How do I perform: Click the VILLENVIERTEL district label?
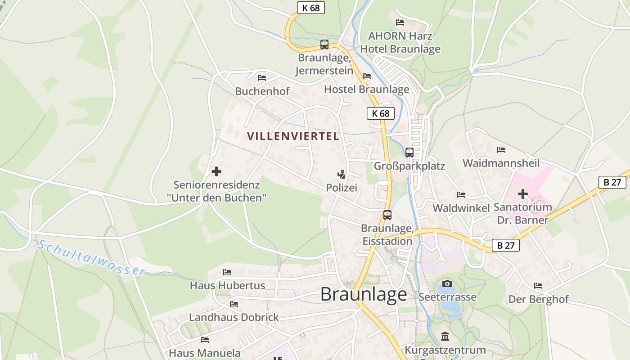(293, 136)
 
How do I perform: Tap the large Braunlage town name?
(364, 294)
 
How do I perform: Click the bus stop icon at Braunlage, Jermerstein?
(324, 45)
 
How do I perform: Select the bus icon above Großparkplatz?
(409, 153)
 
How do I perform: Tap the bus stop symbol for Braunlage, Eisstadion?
(387, 215)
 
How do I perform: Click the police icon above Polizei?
(342, 174)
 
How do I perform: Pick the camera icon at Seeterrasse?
(447, 283)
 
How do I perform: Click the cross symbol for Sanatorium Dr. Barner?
(522, 194)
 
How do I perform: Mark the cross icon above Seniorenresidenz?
(216, 171)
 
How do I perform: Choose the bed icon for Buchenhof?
(262, 78)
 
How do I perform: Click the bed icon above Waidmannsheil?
(501, 150)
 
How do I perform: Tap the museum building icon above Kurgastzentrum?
(445, 336)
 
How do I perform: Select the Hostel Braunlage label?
(367, 89)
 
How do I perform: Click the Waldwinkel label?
(461, 208)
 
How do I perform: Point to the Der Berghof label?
(538, 299)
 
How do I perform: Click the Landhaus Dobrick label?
(234, 317)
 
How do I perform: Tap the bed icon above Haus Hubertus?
(227, 272)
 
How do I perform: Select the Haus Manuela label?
(205, 353)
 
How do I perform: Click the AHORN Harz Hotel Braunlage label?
(400, 42)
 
